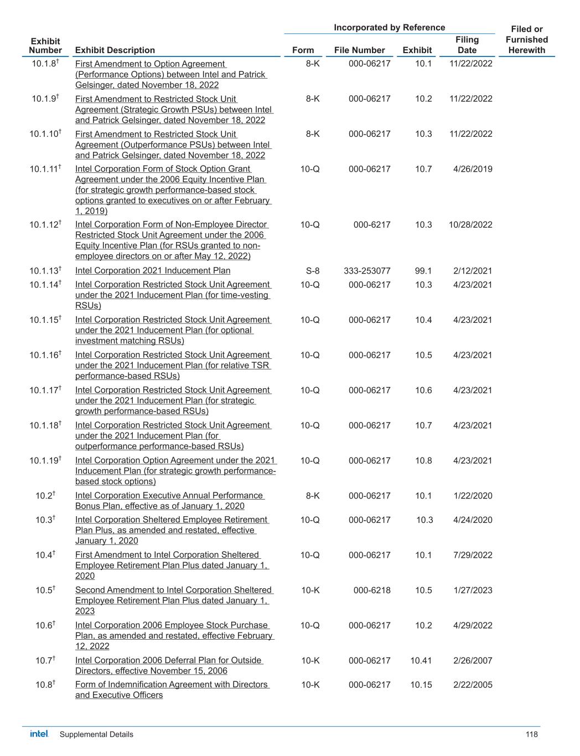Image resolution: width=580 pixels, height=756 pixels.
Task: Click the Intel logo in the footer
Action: (x=39, y=734)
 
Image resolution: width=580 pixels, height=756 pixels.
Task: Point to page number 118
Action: (x=531, y=734)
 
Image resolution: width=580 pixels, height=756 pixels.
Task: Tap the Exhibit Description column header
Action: (x=115, y=50)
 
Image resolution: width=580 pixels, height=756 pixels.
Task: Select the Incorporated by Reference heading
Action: (x=389, y=28)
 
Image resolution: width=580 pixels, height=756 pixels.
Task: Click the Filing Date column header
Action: (x=467, y=45)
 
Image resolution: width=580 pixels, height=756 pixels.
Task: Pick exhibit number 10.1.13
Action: (x=45, y=271)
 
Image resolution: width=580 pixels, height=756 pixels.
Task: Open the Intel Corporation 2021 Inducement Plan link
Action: (x=153, y=271)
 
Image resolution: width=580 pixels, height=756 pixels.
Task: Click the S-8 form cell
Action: (x=312, y=271)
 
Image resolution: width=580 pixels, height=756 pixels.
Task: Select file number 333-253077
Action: (x=367, y=271)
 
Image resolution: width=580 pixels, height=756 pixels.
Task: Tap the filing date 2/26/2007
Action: (x=472, y=660)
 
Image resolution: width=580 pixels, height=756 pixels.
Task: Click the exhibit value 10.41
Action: (x=421, y=660)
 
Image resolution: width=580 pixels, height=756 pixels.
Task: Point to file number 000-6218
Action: (x=372, y=590)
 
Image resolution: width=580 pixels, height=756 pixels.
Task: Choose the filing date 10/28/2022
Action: (x=470, y=225)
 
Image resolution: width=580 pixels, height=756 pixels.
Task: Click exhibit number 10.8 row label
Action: (x=45, y=685)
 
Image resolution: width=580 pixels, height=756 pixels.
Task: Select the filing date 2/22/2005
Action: (x=472, y=685)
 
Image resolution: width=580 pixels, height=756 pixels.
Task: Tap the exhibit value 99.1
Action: (x=423, y=271)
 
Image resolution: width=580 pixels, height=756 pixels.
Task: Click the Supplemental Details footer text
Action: (x=96, y=734)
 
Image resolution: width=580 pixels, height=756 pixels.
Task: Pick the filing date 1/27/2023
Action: (x=472, y=590)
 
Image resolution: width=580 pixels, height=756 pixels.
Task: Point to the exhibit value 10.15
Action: (x=421, y=685)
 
